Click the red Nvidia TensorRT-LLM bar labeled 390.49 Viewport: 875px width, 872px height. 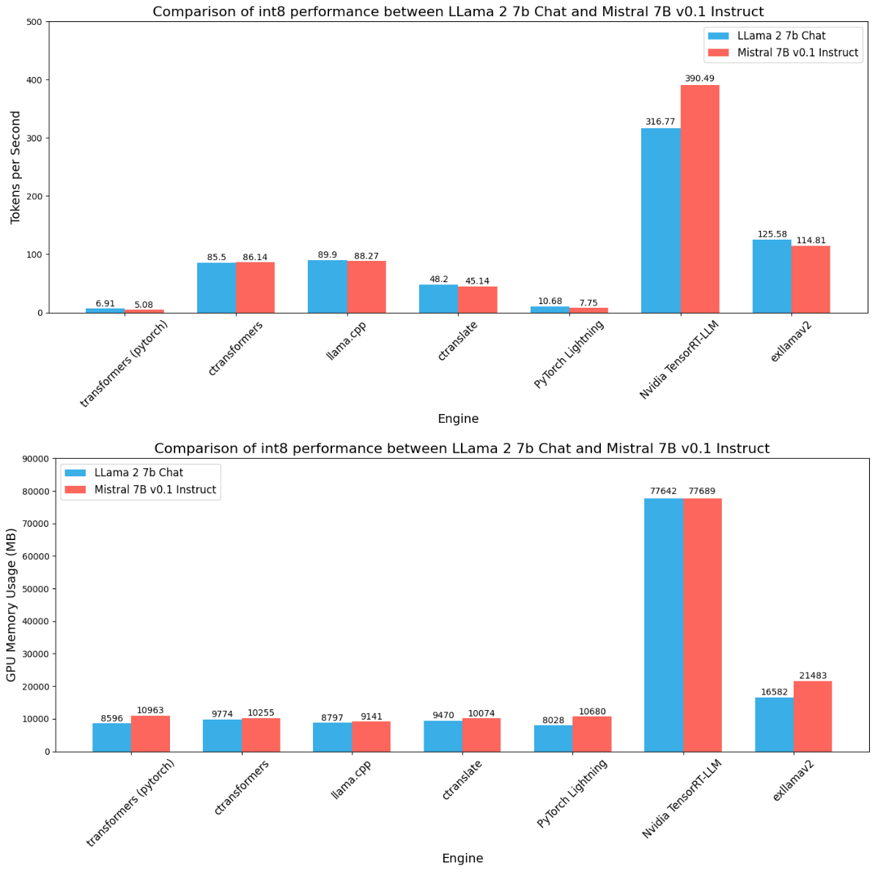(700, 199)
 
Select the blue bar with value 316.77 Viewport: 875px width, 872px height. (661, 221)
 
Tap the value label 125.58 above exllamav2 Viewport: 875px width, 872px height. (772, 234)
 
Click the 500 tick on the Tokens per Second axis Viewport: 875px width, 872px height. (33, 22)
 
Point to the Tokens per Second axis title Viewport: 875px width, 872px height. (15, 168)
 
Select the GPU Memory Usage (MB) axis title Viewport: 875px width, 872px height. (11, 605)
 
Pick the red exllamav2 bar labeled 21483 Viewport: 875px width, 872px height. (813, 716)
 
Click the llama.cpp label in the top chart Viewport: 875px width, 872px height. (347, 341)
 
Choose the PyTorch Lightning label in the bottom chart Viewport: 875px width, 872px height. (572, 793)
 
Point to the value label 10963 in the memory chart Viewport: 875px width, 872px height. (151, 710)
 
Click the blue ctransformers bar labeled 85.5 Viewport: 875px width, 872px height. (216, 287)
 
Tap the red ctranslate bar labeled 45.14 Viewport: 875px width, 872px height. (478, 300)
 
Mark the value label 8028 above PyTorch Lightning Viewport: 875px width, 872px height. (553, 720)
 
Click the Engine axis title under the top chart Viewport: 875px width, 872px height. (458, 419)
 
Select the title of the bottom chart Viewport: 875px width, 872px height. (462, 448)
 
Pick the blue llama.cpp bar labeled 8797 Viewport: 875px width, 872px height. (332, 736)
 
